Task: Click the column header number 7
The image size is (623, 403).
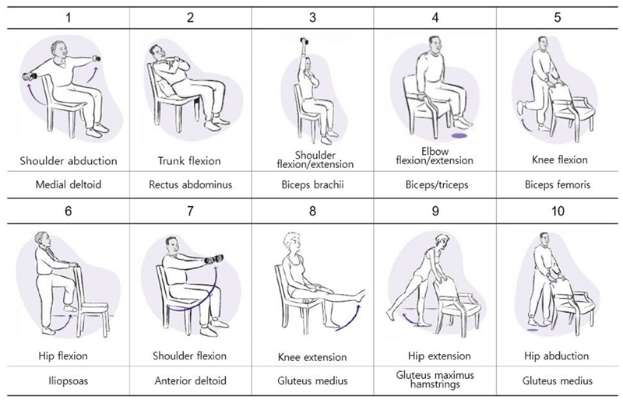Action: click(190, 210)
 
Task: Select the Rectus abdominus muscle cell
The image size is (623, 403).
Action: click(190, 184)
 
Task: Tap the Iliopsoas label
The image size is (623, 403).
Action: click(68, 381)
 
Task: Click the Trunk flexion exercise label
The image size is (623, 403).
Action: click(189, 161)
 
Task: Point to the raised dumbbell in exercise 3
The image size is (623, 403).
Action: click(304, 40)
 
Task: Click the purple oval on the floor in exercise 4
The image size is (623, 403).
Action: click(459, 136)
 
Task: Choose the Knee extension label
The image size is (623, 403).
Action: click(312, 357)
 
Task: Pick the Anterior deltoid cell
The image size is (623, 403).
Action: click(190, 380)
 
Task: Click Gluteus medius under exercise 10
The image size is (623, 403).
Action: click(558, 380)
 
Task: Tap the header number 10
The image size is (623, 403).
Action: click(558, 210)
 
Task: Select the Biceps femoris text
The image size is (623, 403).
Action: click(558, 184)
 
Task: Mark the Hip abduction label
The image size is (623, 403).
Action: click(556, 356)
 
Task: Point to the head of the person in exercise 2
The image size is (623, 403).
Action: click(157, 51)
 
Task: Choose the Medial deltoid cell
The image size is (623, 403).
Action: click(69, 184)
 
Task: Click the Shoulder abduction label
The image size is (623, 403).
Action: click(69, 161)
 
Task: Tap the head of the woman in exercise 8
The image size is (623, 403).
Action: click(290, 242)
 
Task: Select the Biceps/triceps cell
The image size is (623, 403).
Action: click(437, 184)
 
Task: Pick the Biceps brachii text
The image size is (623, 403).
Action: click(313, 184)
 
